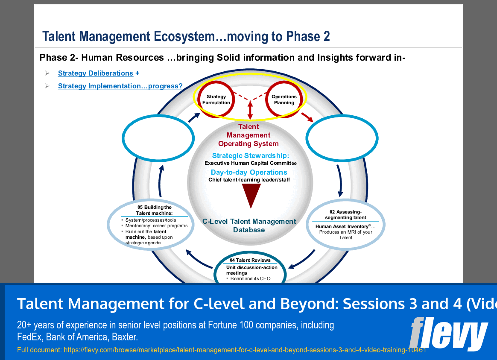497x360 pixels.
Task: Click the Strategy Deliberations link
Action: (x=95, y=73)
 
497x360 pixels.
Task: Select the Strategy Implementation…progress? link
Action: (x=120, y=86)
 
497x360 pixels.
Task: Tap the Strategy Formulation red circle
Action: (x=216, y=100)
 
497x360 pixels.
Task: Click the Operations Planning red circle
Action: (x=284, y=100)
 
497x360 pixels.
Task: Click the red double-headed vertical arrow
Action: (x=250, y=110)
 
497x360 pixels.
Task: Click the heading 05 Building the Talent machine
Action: (x=154, y=210)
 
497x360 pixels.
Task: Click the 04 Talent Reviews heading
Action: (x=250, y=260)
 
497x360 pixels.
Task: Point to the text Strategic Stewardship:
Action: (x=250, y=156)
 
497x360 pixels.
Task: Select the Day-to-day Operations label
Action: (x=249, y=173)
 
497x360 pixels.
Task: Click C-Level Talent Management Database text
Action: (x=249, y=225)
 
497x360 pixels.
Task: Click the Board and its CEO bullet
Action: (x=250, y=278)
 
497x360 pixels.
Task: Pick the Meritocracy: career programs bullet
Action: (x=156, y=226)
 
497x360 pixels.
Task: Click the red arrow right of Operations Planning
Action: (x=307, y=117)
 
